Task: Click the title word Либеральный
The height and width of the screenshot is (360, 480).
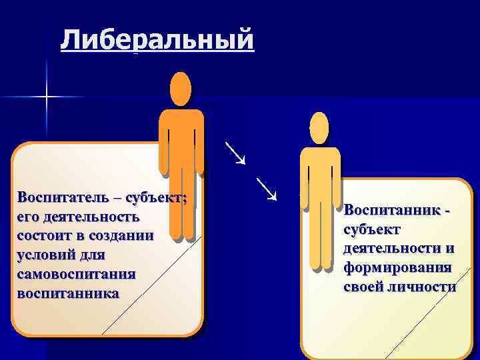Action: [x=157, y=40]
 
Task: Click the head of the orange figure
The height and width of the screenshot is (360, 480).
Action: [x=180, y=89]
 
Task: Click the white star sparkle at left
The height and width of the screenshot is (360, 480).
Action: [x=47, y=97]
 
